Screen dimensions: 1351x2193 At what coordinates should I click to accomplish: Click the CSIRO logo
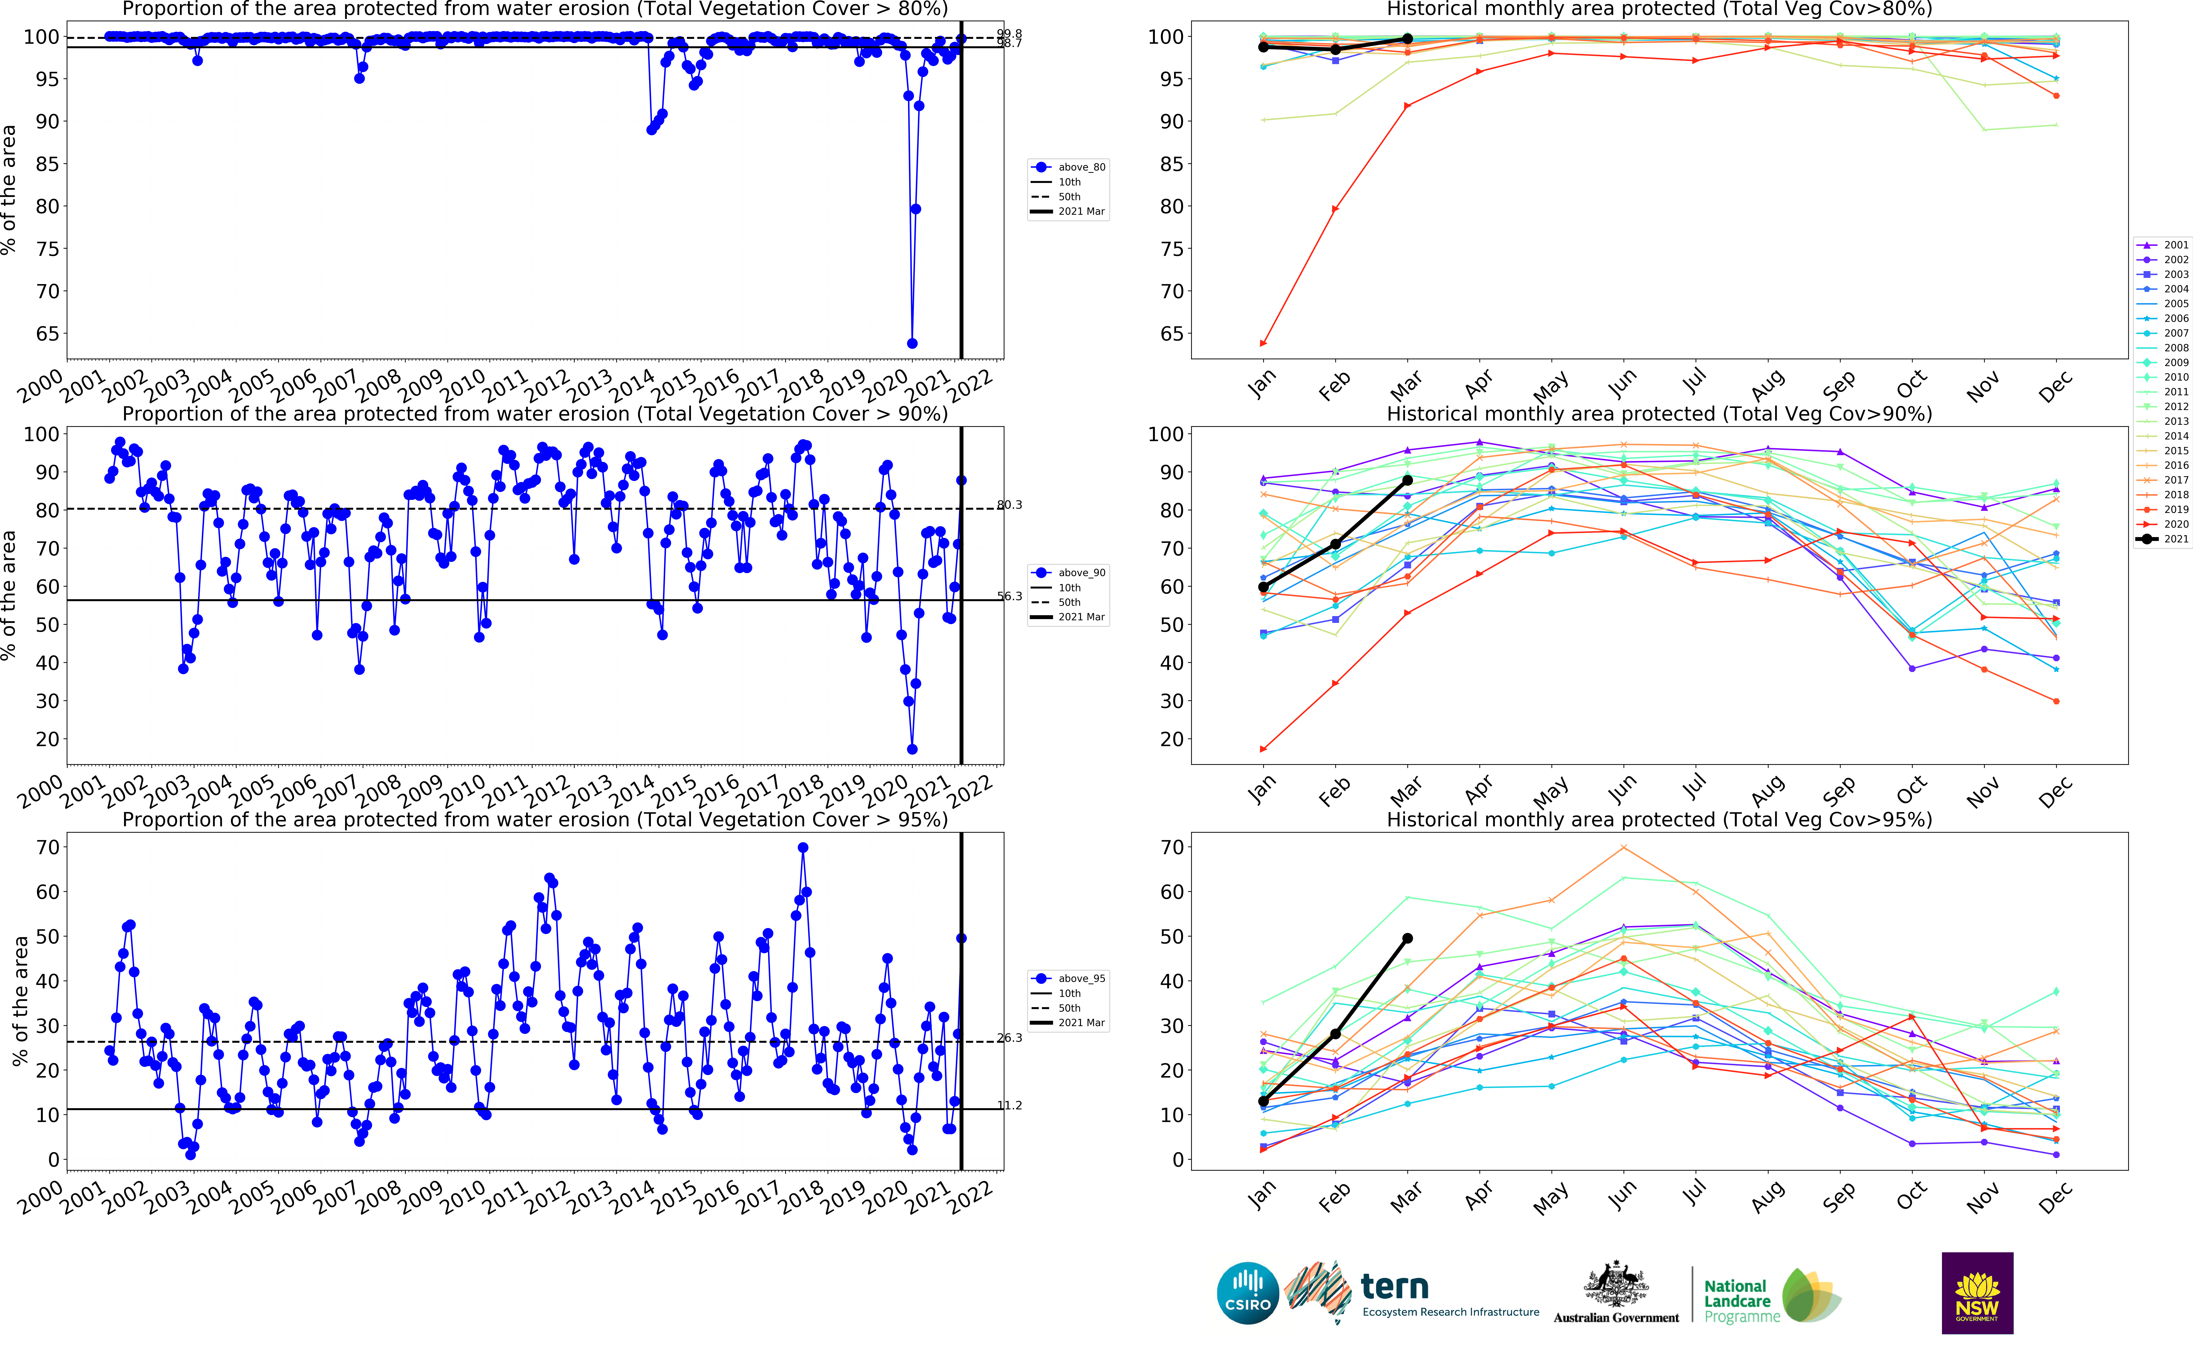pyautogui.click(x=1248, y=1293)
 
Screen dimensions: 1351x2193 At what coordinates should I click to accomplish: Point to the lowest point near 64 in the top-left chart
pyautogui.click(x=912, y=343)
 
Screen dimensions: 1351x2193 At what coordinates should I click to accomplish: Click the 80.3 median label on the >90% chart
pyautogui.click(x=1009, y=505)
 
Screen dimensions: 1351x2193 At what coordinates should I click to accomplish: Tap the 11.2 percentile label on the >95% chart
pyautogui.click(x=1009, y=1105)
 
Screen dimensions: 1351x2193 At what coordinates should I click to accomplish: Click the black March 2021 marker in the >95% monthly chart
pyautogui.click(x=1408, y=938)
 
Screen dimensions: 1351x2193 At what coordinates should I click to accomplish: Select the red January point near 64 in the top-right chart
pyautogui.click(x=1263, y=343)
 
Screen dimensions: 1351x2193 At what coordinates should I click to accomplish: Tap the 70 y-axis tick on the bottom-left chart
pyautogui.click(x=47, y=847)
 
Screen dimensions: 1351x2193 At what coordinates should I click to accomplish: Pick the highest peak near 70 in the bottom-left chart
pyautogui.click(x=803, y=848)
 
